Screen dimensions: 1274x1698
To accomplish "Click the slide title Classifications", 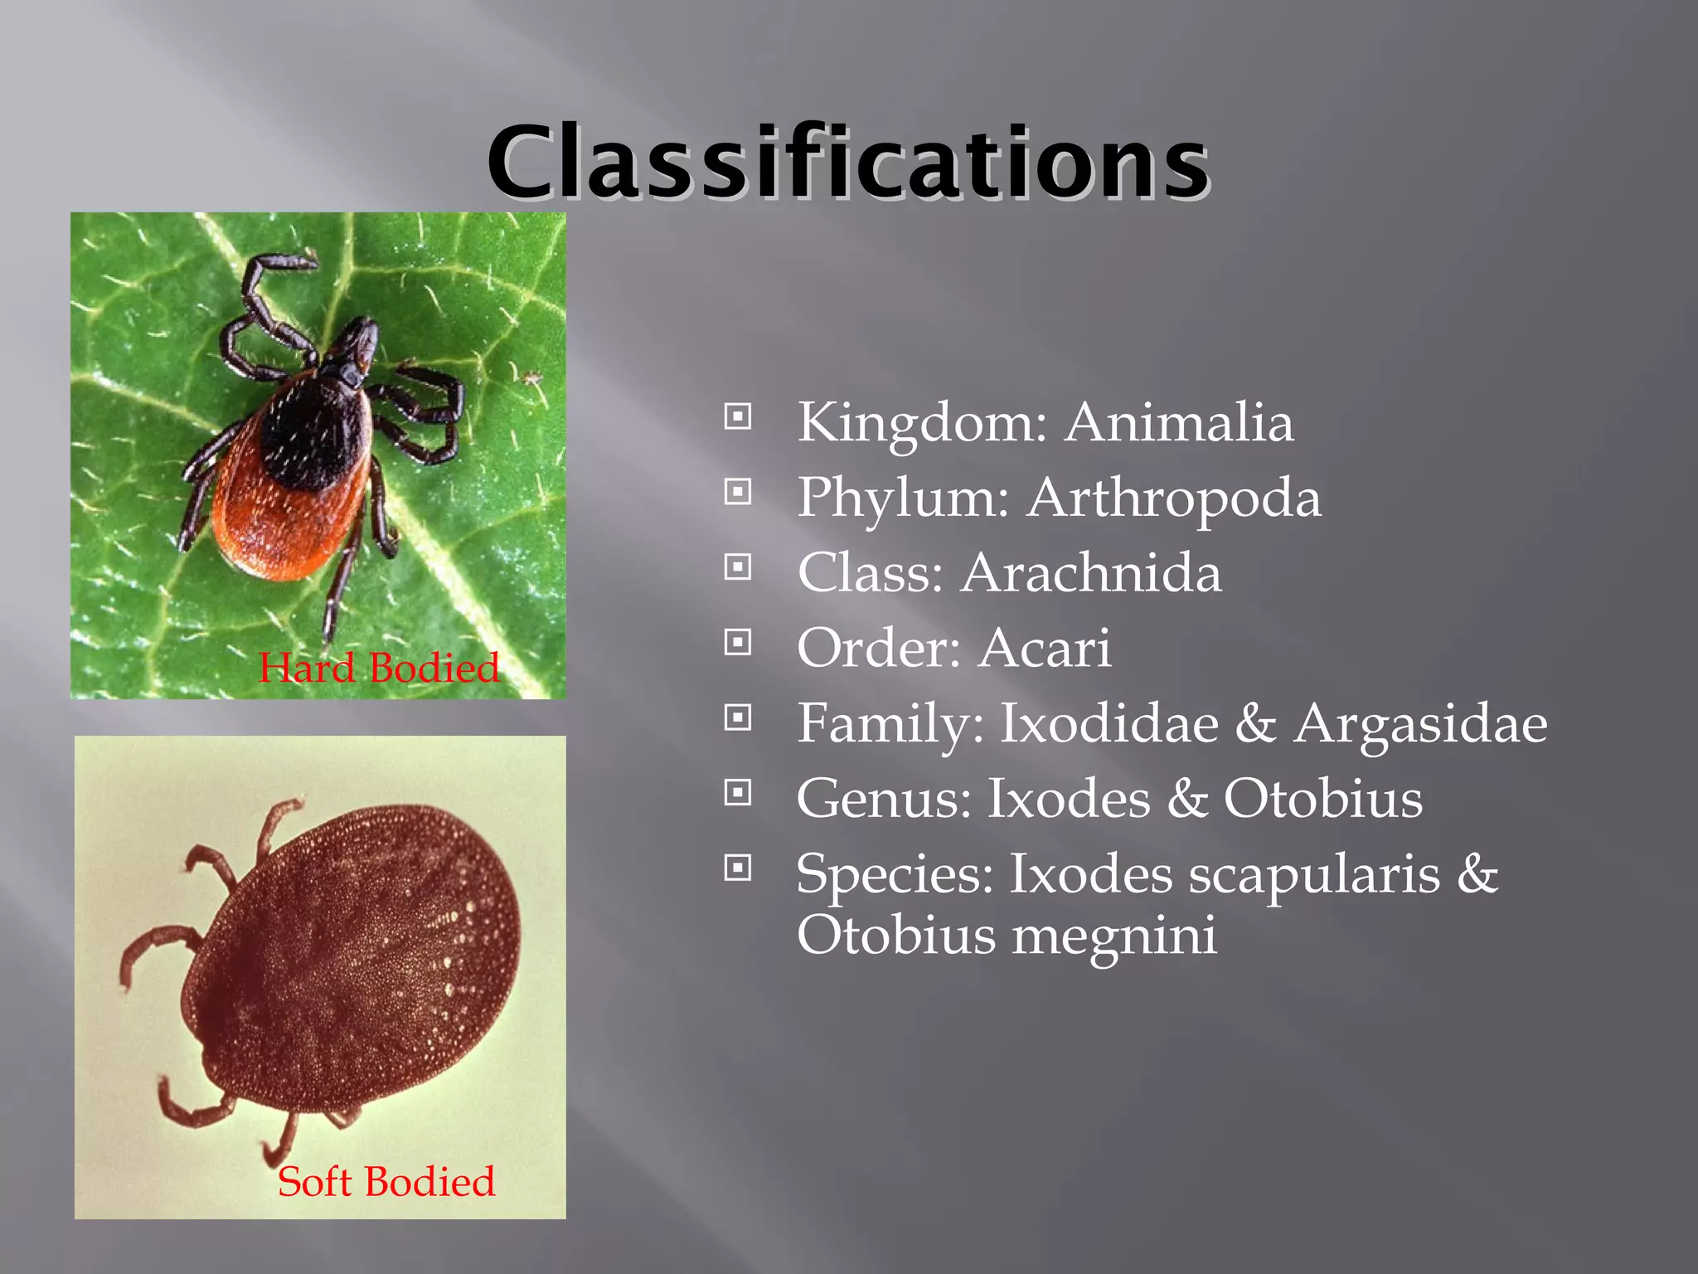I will tap(847, 163).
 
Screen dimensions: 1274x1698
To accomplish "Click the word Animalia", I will tap(1178, 423).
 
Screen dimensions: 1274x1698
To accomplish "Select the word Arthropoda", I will tap(1173, 498).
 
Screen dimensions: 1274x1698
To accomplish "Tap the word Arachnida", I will tap(1090, 573).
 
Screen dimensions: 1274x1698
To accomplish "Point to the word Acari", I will tap(1045, 649).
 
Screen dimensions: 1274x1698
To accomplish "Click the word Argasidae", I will tap(1419, 724).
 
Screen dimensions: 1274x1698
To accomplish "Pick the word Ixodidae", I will tap(1109, 724).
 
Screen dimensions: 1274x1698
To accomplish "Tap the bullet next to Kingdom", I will tap(737, 416).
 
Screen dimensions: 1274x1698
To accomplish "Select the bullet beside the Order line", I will tap(737, 642).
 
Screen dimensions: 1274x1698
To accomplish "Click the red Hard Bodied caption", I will tap(379, 669).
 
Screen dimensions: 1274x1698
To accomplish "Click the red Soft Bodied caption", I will tap(386, 1182).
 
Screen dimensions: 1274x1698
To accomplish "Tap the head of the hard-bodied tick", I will tap(358, 340).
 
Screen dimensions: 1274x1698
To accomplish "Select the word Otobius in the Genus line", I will tap(1322, 800).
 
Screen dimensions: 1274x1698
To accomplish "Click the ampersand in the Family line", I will tap(1255, 724).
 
